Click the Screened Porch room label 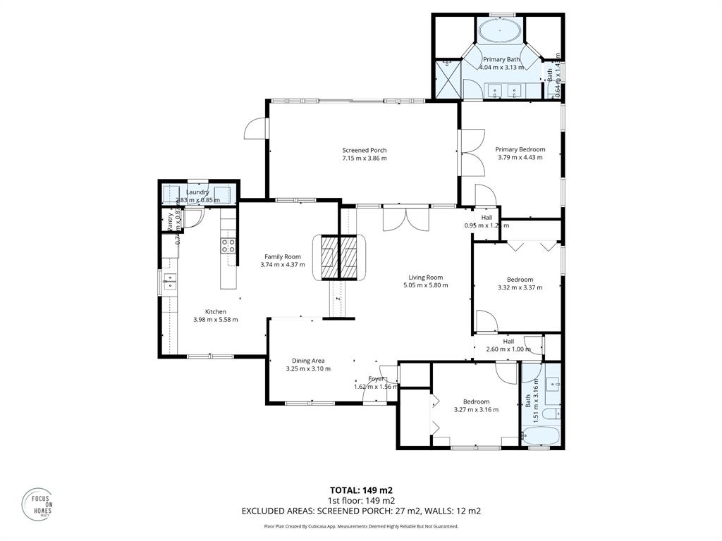pos(364,150)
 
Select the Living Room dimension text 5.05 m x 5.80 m pos(425,285)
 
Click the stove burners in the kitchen pos(228,246)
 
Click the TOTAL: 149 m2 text pos(361,490)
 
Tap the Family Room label pos(282,256)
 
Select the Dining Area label pos(308,361)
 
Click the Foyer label pos(376,378)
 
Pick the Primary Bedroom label pos(520,149)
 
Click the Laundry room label pos(197,192)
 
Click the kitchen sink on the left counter pos(169,282)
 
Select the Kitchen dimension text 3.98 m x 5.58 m pos(215,319)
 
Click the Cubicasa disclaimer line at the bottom pos(361,526)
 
